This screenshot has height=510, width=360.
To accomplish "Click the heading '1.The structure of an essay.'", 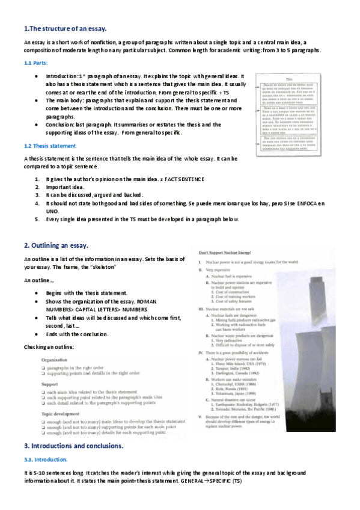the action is pos(65,28).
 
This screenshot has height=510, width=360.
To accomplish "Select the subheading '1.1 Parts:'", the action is pos(36,63).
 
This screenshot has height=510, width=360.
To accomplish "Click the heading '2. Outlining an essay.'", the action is pos(56,245).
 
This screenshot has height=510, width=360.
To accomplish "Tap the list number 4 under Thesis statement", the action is pos(37,204).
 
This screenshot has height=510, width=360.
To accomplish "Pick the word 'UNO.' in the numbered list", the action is pos(52,212).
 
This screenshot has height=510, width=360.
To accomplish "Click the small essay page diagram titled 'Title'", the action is pos(288,115).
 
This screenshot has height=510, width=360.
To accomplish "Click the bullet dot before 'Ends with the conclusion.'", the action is pos(37,334).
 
